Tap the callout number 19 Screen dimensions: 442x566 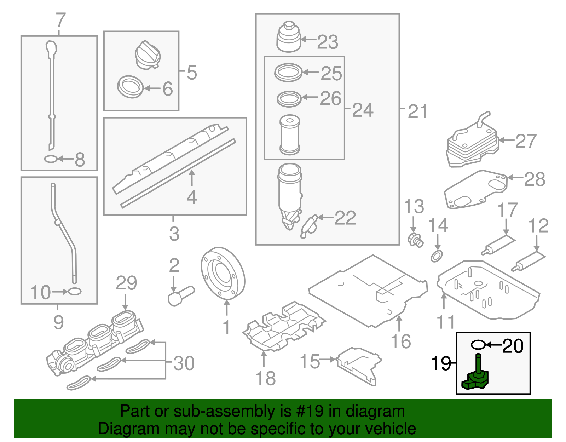pyautogui.click(x=440, y=363)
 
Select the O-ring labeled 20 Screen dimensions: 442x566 pyautogui.click(x=478, y=344)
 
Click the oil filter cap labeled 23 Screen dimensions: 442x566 pyautogui.click(x=289, y=37)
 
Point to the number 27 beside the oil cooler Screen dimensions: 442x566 pyautogui.click(x=526, y=141)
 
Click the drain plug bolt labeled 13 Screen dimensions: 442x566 pyautogui.click(x=415, y=240)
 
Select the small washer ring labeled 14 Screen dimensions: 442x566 pyautogui.click(x=437, y=256)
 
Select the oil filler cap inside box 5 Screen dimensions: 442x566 pyautogui.click(x=148, y=55)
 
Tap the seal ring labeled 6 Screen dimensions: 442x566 pyautogui.click(x=130, y=87)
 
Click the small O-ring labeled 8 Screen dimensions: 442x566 pyautogui.click(x=51, y=159)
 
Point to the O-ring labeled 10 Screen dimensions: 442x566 pyautogui.click(x=74, y=292)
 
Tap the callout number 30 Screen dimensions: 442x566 pyautogui.click(x=184, y=363)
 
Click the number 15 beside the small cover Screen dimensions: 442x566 pyautogui.click(x=310, y=361)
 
